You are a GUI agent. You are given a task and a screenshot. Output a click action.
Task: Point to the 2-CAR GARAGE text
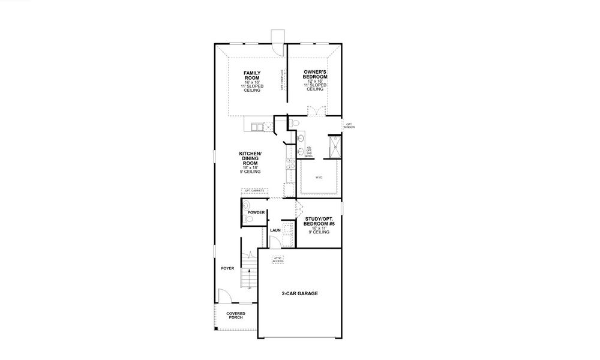coord(299,294)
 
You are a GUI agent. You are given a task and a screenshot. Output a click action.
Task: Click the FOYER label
coord(227,268)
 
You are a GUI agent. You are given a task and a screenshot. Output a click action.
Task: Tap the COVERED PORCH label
coord(235,316)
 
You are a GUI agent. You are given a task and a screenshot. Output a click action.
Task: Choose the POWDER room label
coord(256,212)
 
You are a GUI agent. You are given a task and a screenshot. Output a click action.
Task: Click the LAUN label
coord(275,230)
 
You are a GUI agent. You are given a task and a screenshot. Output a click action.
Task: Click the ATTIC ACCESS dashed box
coord(277,260)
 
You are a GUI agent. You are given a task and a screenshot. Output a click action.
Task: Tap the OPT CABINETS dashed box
coord(255,191)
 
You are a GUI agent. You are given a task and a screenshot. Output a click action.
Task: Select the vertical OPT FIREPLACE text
coord(282,80)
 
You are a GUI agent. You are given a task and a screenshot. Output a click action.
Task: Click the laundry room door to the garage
coord(274,242)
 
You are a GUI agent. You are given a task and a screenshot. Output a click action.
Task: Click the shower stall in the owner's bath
coord(332,147)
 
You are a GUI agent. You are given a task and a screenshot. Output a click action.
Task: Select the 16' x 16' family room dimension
coord(251,82)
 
